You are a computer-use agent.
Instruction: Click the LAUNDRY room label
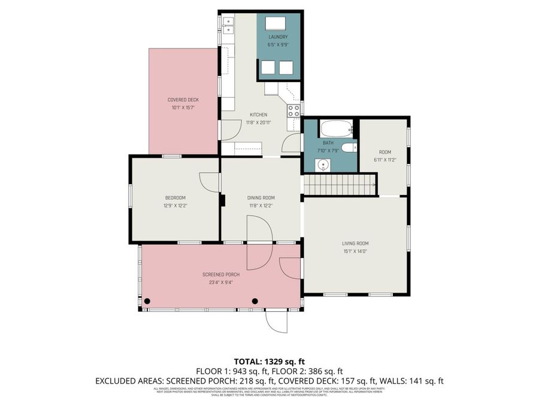(x=278, y=37)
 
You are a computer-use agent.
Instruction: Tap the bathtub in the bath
(x=334, y=129)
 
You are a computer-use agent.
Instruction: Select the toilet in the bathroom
(x=349, y=148)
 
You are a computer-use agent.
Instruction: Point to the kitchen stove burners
(x=294, y=110)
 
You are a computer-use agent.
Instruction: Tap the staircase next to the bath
(x=339, y=184)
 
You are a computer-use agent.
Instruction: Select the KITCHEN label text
(x=258, y=115)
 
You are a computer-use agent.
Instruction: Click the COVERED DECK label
(x=183, y=100)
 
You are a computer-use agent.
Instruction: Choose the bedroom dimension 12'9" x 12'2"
(x=176, y=205)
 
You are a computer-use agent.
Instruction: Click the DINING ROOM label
(x=261, y=198)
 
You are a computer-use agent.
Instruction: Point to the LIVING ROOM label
(x=355, y=244)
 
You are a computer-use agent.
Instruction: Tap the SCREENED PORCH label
(x=221, y=275)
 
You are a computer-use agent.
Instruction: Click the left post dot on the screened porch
(x=147, y=301)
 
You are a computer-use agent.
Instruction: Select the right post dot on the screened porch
(x=255, y=301)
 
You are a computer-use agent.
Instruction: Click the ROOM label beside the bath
(x=385, y=152)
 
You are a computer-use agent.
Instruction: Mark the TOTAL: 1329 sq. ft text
(x=269, y=362)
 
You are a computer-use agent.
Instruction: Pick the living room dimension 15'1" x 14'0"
(x=355, y=251)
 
